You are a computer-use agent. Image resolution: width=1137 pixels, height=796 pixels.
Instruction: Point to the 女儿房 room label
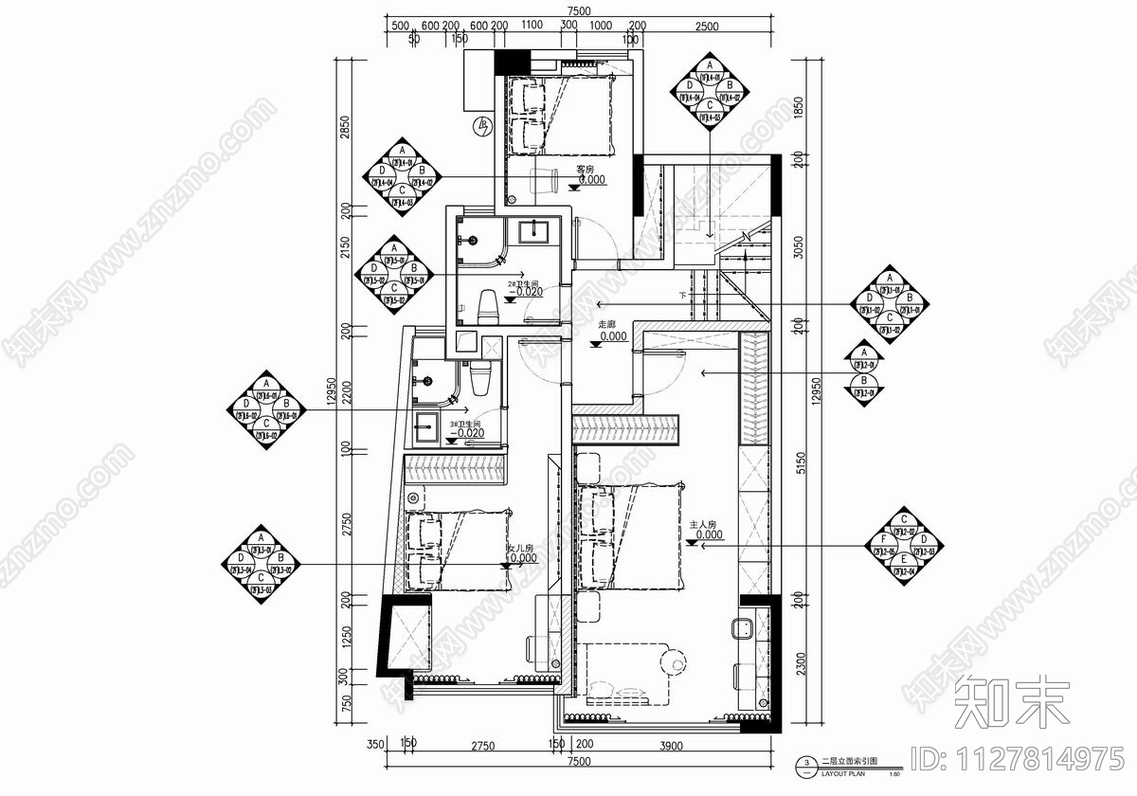coord(521,549)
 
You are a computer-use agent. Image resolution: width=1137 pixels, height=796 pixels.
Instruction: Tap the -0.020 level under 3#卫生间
coord(471,433)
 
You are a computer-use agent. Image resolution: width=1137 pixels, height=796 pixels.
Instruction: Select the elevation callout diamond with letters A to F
coord(905,548)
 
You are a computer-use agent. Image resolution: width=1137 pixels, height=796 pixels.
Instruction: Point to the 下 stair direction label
coord(683,296)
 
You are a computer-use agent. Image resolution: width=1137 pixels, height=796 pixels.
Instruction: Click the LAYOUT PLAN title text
coord(843,772)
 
